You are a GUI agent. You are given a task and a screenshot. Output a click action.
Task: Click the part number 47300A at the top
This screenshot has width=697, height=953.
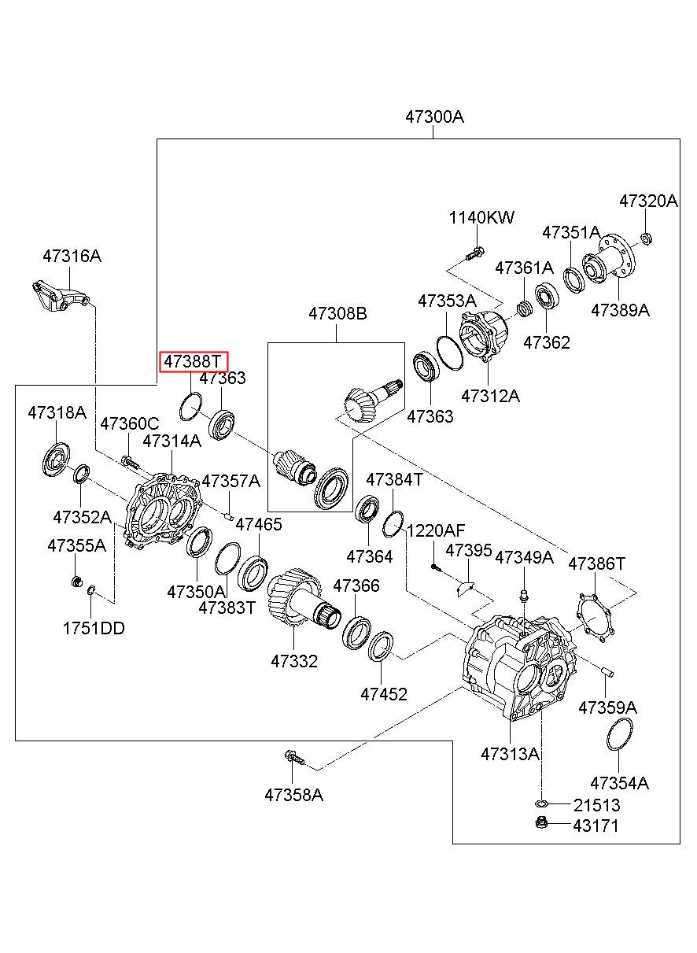pos(434,116)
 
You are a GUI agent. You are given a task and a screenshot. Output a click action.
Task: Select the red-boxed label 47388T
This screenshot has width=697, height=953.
pos(194,362)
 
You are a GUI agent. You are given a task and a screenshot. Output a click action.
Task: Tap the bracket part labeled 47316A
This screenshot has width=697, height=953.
pos(61,297)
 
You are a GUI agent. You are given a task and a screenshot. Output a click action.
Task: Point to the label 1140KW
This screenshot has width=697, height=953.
pos(481,217)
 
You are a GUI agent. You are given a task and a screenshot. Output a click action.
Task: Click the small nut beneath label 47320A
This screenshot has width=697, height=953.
pos(646,238)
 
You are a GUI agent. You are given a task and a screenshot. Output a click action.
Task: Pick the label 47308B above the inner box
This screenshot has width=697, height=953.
pos(337,313)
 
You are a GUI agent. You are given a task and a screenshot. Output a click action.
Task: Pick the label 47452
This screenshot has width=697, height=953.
pos(384,694)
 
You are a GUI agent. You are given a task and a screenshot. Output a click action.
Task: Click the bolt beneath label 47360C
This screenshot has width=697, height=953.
pos(130,462)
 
